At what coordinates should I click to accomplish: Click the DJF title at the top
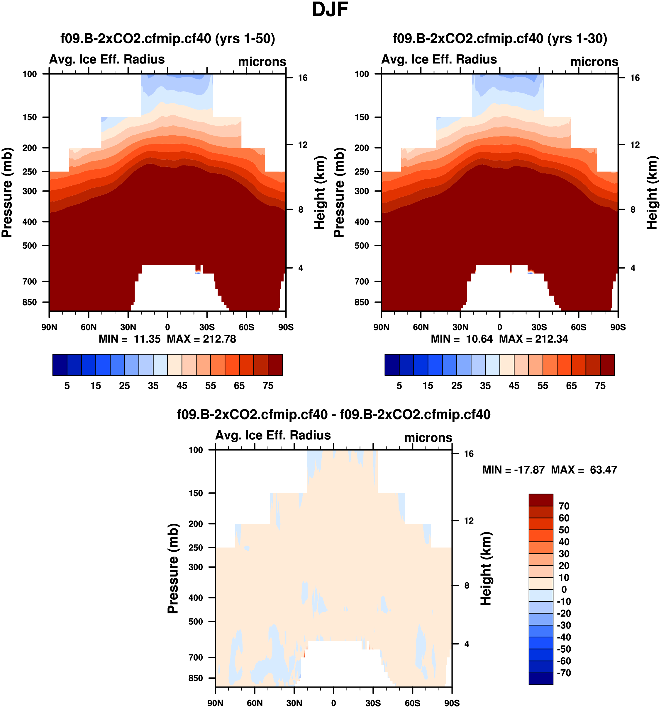(x=330, y=10)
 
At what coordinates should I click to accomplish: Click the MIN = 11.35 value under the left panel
(x=130, y=339)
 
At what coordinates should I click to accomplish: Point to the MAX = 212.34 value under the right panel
(x=533, y=339)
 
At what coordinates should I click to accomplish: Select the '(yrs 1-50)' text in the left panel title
(x=245, y=38)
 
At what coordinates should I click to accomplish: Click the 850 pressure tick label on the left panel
(x=30, y=302)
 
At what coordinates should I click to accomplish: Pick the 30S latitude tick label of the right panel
(x=539, y=327)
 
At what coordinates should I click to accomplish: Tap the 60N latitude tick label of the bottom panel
(x=255, y=703)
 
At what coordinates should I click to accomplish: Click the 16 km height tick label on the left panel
(x=303, y=78)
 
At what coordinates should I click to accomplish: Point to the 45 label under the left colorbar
(x=182, y=386)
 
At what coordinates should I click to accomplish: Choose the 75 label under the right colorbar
(x=600, y=386)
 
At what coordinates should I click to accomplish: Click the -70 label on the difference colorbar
(x=564, y=673)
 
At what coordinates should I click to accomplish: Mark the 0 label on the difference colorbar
(x=564, y=589)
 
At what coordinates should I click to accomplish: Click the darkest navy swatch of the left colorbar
(x=60, y=365)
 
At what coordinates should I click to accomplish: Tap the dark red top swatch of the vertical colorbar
(x=540, y=500)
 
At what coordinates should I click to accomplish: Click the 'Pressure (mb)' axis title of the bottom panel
(x=173, y=568)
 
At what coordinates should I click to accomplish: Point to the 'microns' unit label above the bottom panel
(x=428, y=437)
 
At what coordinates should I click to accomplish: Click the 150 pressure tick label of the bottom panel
(x=196, y=493)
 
